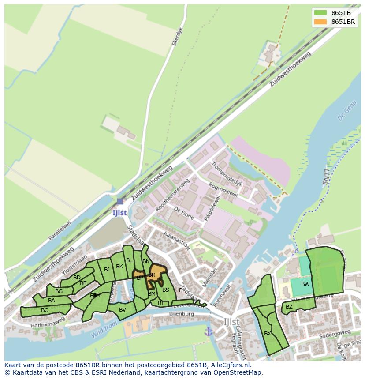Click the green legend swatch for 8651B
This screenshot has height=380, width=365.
320,13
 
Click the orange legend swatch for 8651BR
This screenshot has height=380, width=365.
320,22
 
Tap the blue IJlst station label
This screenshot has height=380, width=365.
119,212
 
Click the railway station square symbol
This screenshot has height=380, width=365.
120,201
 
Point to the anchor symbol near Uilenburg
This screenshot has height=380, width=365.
208,331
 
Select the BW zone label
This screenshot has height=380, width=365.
305,284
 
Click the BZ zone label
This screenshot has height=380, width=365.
289,306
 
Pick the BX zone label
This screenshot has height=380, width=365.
268,334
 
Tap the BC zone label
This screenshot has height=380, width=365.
45,310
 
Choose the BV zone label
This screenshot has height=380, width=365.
123,310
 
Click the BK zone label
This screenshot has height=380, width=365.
119,267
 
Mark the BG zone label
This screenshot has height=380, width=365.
59,291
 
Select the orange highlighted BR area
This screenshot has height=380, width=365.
156,271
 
